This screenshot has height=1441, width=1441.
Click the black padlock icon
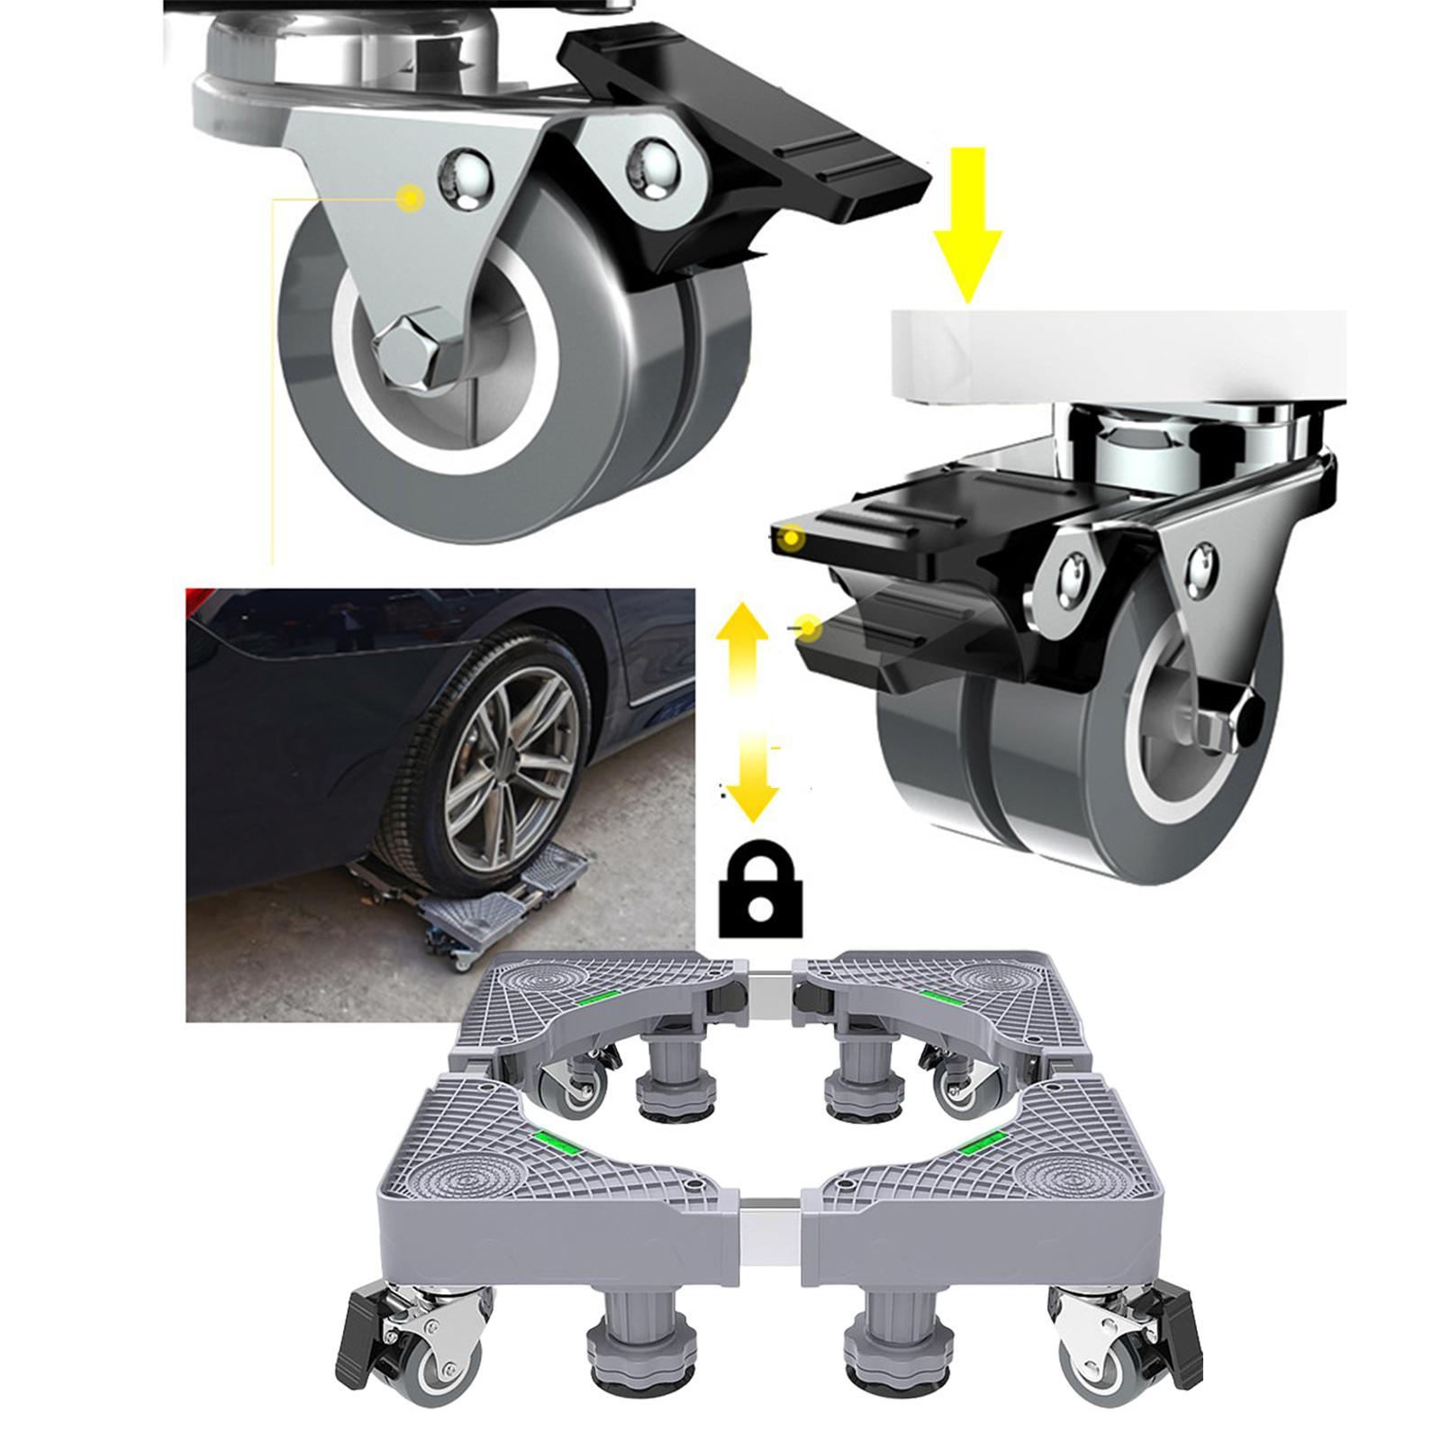coord(761,892)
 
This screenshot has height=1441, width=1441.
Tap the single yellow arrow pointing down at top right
coord(967,225)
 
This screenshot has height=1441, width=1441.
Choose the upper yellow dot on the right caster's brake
coord(791,539)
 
